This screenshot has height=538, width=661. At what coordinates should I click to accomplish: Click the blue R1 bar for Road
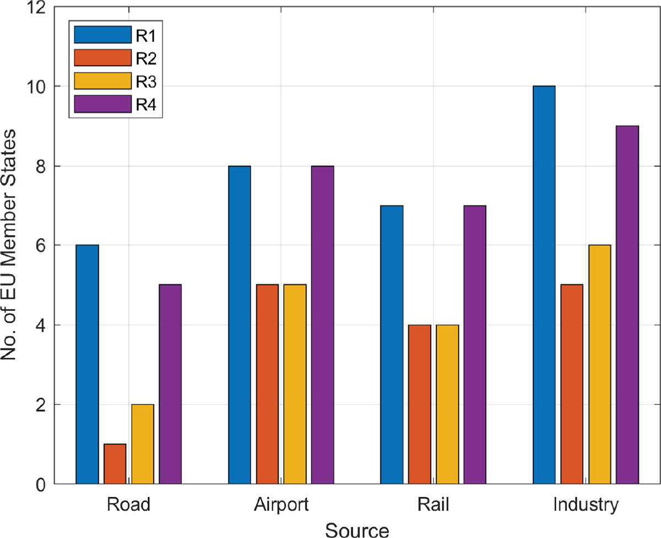[87, 364]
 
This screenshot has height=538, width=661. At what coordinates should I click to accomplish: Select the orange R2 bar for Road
[115, 464]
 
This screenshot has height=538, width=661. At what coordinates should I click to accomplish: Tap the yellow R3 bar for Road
[143, 444]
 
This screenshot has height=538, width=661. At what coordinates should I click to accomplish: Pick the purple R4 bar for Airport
[323, 325]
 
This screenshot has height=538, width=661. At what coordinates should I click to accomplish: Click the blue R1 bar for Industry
[544, 285]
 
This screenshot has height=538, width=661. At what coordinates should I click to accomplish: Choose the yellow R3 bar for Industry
[599, 364]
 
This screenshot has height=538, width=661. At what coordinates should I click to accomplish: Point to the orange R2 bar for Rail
[420, 404]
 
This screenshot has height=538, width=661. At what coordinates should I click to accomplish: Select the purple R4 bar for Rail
[475, 345]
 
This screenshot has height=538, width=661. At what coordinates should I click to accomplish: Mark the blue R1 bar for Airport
[240, 325]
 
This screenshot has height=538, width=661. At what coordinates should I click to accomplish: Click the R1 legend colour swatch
[102, 35]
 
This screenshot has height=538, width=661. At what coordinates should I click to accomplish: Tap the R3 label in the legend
[146, 81]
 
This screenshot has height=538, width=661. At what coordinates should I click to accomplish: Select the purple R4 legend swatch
[102, 104]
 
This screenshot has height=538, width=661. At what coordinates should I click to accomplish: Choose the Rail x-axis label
[433, 504]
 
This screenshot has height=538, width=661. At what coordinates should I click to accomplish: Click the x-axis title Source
[357, 530]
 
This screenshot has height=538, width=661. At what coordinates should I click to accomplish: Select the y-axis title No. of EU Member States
[8, 245]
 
